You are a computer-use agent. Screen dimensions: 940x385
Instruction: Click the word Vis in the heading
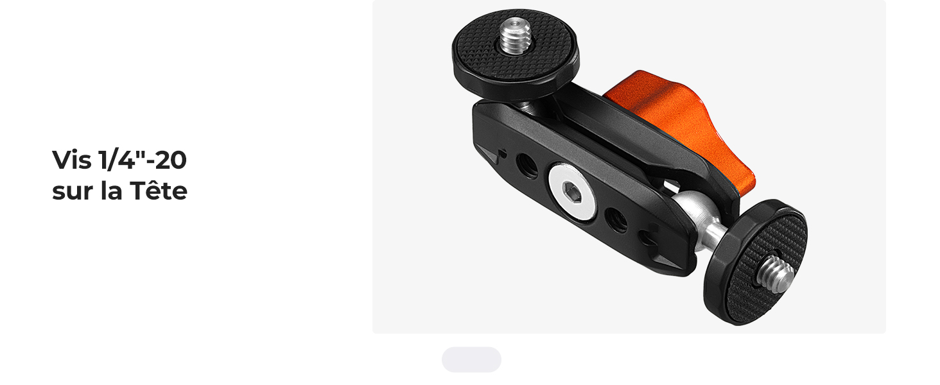[72, 160]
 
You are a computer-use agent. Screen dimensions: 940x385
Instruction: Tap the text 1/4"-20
[143, 160]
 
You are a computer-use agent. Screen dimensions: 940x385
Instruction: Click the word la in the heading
[112, 191]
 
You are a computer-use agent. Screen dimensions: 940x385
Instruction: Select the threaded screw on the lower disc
[776, 275]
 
